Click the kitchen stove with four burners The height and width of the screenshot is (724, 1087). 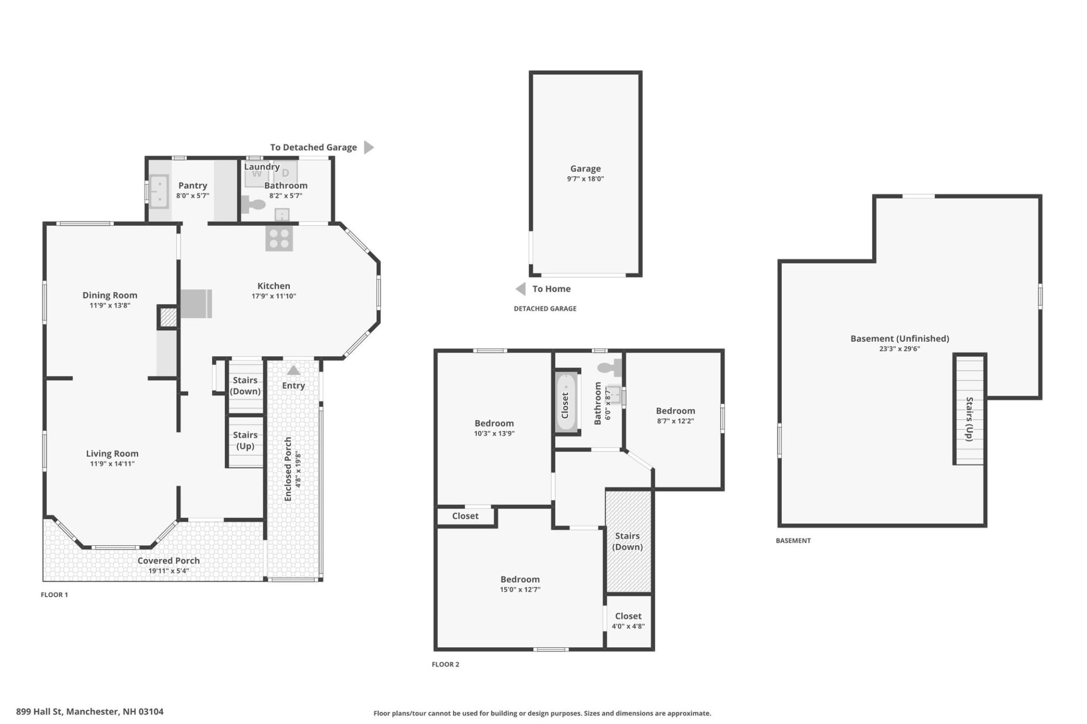click(279, 238)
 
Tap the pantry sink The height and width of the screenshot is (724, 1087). click(159, 191)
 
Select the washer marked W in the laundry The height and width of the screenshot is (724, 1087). click(256, 174)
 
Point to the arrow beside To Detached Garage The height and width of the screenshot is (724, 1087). click(369, 148)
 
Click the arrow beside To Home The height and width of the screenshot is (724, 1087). click(521, 289)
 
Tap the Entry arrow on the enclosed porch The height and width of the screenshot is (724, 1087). click(293, 370)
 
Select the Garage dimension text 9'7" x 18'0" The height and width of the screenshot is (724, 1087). click(585, 179)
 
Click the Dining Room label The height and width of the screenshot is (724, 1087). click(110, 295)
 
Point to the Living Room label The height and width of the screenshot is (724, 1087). click(112, 453)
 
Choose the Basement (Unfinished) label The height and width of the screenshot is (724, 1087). click(900, 339)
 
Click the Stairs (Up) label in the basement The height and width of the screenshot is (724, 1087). click(970, 419)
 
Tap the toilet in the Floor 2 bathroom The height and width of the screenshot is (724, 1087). click(610, 367)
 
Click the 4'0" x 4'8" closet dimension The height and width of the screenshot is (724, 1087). click(628, 626)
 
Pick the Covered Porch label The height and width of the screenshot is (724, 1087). click(168, 561)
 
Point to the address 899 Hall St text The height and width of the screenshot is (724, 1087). click(90, 712)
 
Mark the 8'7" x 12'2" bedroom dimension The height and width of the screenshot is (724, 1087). click(675, 421)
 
